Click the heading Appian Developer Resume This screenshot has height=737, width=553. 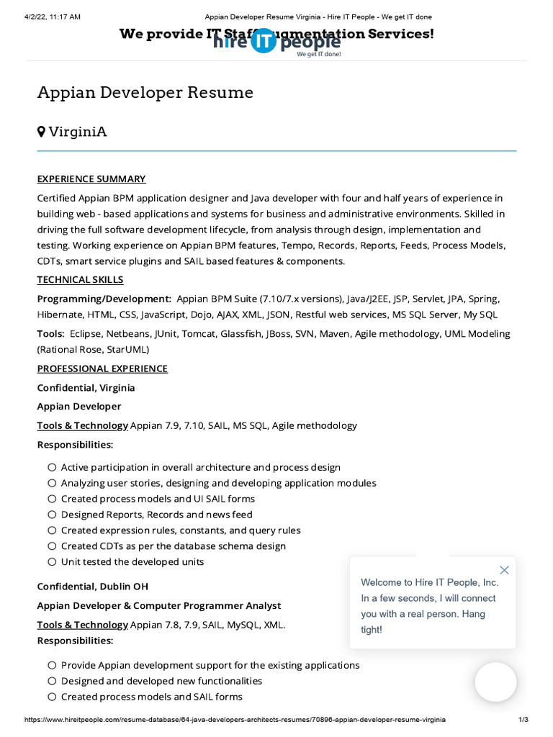[x=145, y=92]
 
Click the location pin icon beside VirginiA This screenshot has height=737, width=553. [x=42, y=131]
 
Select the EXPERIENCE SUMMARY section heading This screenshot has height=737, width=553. [x=91, y=178]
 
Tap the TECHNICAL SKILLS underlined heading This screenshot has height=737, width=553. [x=80, y=279]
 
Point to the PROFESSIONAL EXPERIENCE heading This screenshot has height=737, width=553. [x=102, y=368]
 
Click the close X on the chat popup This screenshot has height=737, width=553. [x=504, y=570]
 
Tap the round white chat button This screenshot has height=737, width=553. [x=495, y=682]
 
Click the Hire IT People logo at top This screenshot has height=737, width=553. [x=276, y=42]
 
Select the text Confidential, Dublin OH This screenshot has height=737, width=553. [x=93, y=587]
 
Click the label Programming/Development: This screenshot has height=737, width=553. [x=104, y=299]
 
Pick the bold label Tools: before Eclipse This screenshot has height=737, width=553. [x=51, y=334]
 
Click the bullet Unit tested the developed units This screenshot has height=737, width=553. [x=132, y=561]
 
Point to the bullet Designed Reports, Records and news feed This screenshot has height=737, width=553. [x=156, y=515]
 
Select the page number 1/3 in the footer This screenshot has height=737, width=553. [x=523, y=720]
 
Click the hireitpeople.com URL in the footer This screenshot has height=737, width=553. [x=235, y=720]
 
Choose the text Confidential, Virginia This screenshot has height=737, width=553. [x=86, y=387]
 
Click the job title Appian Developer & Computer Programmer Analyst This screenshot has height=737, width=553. [x=159, y=605]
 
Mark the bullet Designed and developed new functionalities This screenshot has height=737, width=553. [x=161, y=681]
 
